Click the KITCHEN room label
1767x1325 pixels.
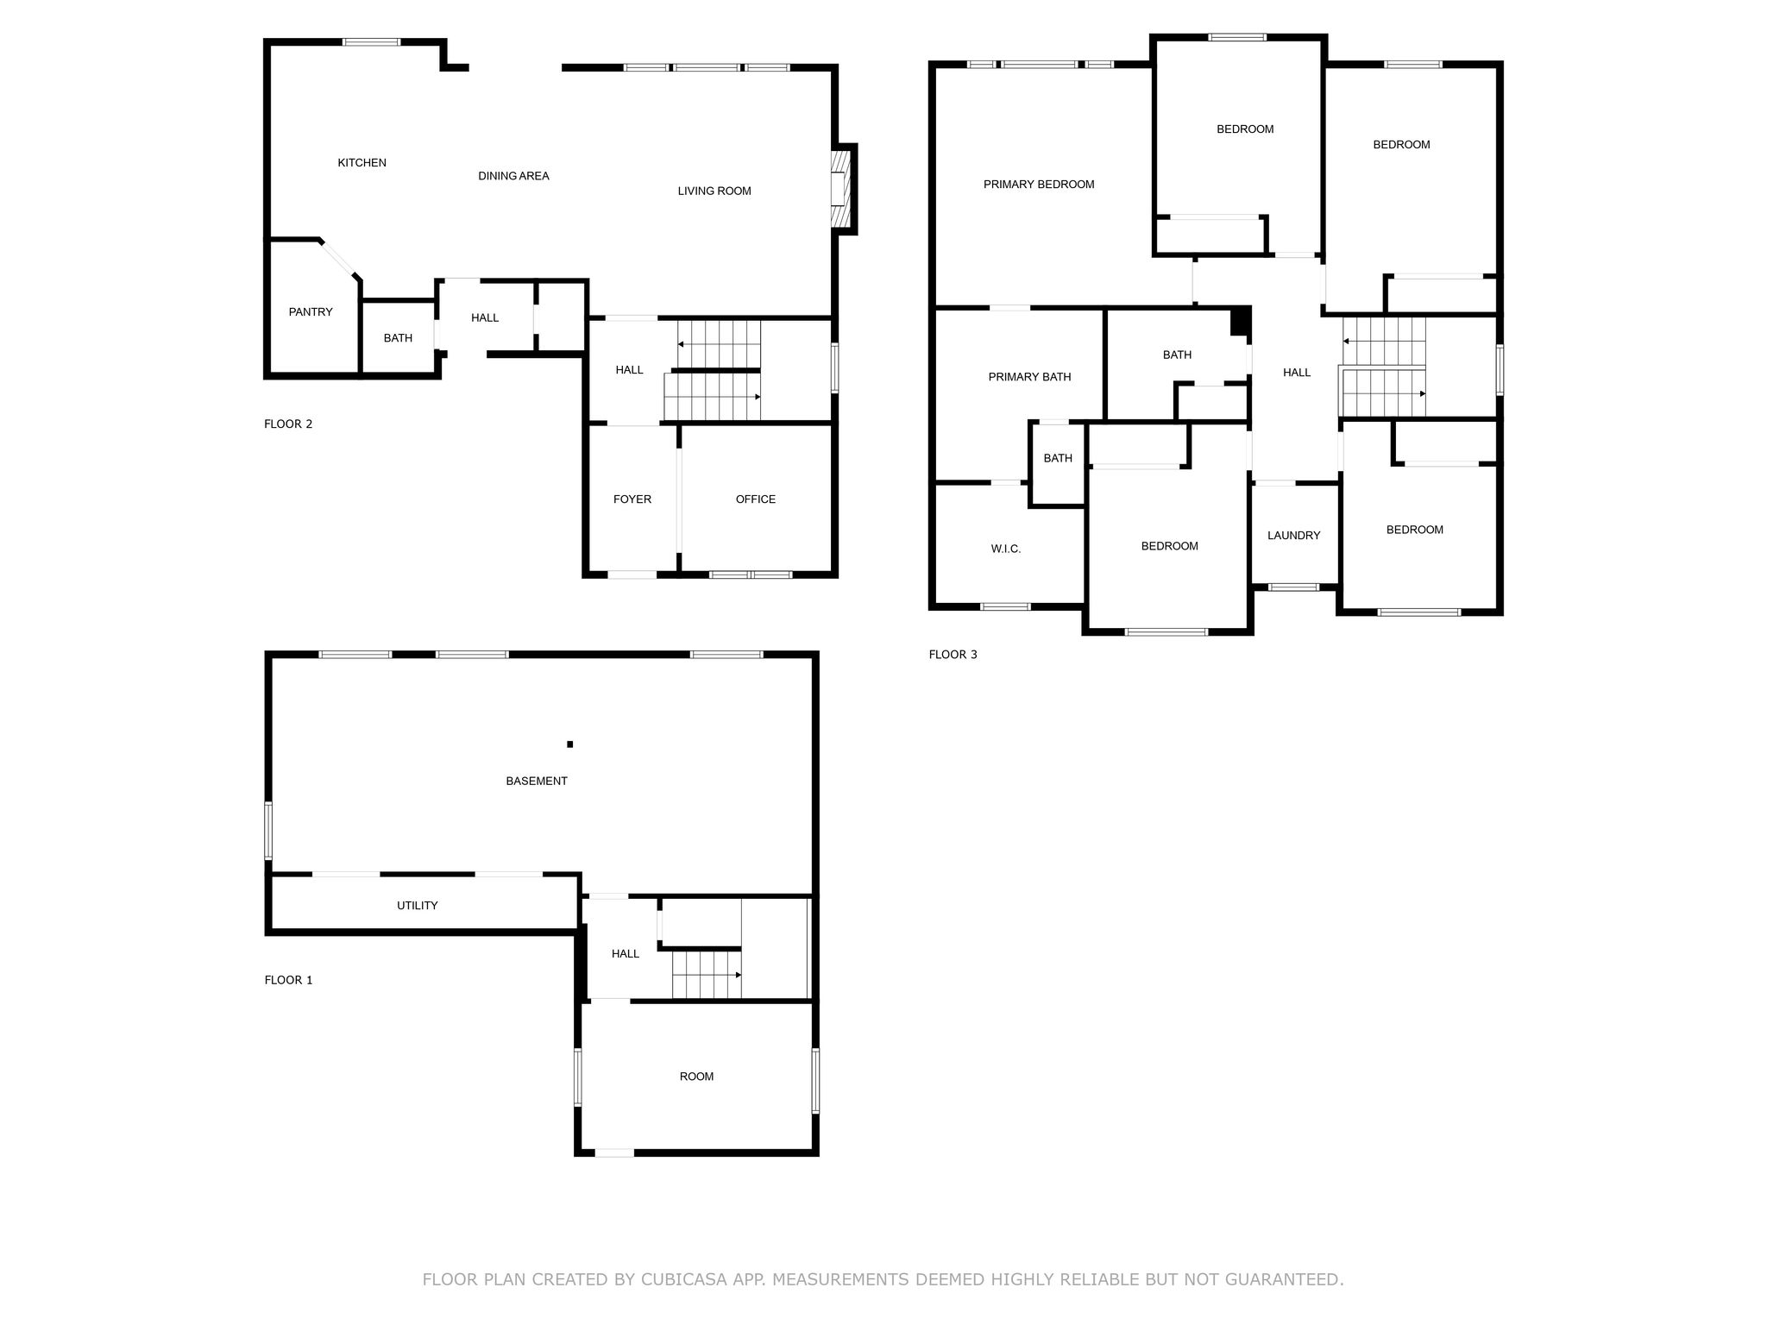[x=362, y=163]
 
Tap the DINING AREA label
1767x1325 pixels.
[x=513, y=176]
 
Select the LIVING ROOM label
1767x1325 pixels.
[x=714, y=192]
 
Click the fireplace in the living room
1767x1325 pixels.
[x=843, y=189]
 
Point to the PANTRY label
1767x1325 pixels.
[x=311, y=312]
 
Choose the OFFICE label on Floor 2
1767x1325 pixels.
[x=756, y=499]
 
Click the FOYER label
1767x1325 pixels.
[x=632, y=499]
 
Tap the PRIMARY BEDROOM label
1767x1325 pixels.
[x=1039, y=185]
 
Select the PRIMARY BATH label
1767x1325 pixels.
[x=1029, y=377]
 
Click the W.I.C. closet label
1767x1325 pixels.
[x=1006, y=549]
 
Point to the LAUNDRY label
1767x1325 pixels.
[x=1293, y=536]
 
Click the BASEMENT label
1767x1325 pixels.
[x=537, y=782]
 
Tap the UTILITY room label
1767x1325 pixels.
[x=418, y=906]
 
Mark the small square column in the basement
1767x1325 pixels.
[x=569, y=744]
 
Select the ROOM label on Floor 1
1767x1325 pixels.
[x=696, y=1077]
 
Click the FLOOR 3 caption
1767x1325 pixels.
[x=953, y=655]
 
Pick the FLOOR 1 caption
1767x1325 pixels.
[x=288, y=980]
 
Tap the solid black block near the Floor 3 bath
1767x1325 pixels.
[x=1241, y=321]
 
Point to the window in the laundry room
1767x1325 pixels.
[x=1293, y=587]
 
